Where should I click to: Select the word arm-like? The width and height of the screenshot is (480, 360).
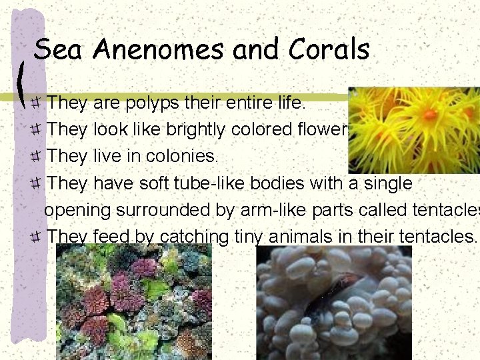[259, 209]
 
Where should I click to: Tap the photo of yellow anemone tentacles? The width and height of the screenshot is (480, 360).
[413, 130]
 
